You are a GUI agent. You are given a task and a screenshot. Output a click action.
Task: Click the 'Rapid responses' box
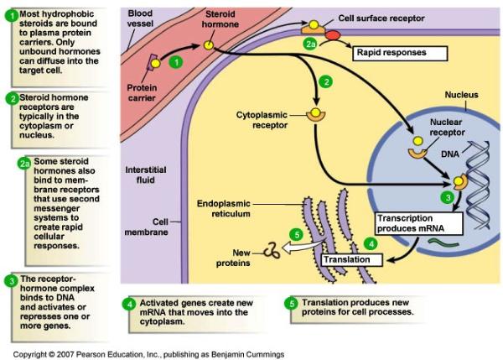click(x=392, y=53)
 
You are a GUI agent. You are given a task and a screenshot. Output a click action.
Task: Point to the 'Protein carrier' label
click(x=143, y=91)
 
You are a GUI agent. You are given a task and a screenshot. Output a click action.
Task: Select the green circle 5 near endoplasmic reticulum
click(x=295, y=234)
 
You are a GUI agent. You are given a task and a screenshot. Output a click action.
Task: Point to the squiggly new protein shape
click(x=272, y=249)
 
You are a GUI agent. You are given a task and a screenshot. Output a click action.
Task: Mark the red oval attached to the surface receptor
click(x=332, y=36)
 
